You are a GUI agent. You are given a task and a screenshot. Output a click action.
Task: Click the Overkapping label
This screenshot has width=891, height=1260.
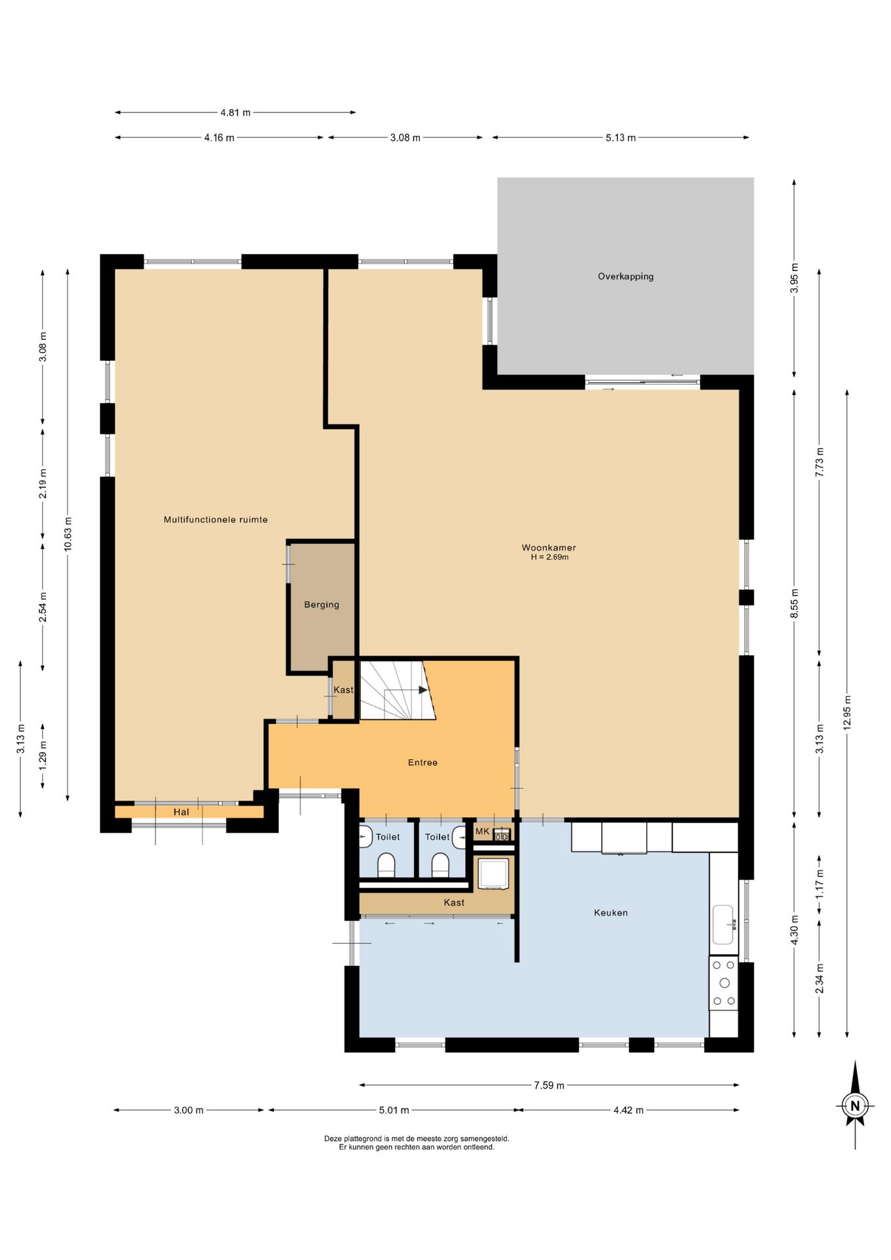pyautogui.click(x=625, y=276)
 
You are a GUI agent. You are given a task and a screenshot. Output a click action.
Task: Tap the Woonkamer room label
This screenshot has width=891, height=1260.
pyautogui.click(x=549, y=547)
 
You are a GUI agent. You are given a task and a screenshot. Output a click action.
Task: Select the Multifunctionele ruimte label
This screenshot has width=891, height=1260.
pyautogui.click(x=216, y=520)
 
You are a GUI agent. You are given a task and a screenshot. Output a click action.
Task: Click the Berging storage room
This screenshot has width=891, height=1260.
pyautogui.click(x=321, y=607)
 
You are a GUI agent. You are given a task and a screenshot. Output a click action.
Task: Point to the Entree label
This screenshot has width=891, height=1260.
pyautogui.click(x=423, y=763)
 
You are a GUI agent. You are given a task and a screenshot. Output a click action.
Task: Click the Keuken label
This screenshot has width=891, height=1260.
pyautogui.click(x=611, y=913)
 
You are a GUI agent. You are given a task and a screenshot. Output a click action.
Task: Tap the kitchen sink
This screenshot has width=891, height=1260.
pyautogui.click(x=723, y=925)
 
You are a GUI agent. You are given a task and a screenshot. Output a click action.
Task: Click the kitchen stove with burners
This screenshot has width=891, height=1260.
pyautogui.click(x=724, y=982)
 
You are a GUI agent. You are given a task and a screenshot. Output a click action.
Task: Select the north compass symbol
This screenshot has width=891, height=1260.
pyautogui.click(x=855, y=1105)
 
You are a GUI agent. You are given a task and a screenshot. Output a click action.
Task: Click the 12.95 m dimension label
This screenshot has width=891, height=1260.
pyautogui.click(x=847, y=713)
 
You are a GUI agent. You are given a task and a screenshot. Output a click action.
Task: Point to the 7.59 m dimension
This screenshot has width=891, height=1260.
pyautogui.click(x=549, y=1085)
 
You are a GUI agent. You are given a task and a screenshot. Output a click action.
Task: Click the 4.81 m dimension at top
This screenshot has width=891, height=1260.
pyautogui.click(x=236, y=113)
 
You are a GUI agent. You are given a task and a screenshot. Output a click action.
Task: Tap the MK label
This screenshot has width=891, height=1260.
pyautogui.click(x=482, y=831)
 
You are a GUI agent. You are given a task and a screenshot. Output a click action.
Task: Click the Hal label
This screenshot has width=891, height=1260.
pyautogui.click(x=181, y=812)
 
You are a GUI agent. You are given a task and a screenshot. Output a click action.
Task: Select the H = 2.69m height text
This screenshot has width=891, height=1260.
pyautogui.click(x=550, y=557)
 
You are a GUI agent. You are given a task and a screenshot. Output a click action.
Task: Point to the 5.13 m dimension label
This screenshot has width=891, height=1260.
pyautogui.click(x=621, y=138)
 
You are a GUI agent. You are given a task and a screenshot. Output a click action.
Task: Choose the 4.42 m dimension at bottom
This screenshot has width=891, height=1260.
pyautogui.click(x=629, y=1110)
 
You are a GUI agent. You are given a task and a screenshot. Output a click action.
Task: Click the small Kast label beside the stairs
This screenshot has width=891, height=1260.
pyautogui.click(x=343, y=690)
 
